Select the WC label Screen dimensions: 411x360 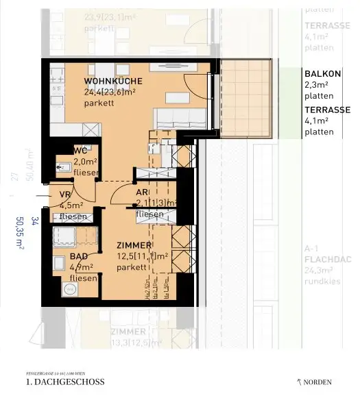click(80, 149)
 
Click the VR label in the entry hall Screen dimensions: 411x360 click(65, 195)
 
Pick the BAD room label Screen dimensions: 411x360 click(78, 256)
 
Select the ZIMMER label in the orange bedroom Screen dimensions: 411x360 click(134, 245)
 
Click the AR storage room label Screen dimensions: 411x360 click(142, 193)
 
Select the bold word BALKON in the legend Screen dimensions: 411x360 click(321, 74)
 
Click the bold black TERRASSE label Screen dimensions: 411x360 click(327, 110)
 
